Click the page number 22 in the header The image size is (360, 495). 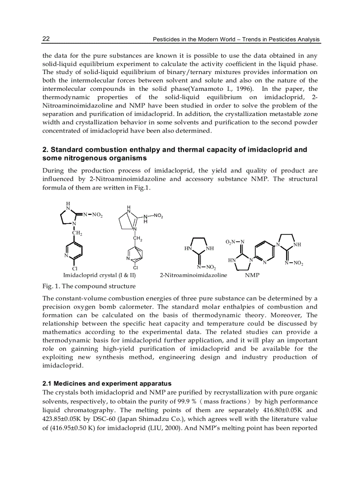coord(46,39)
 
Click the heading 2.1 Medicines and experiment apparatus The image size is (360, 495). coord(107,383)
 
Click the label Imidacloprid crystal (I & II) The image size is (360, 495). coord(99,275)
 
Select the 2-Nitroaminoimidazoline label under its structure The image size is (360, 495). coord(193,275)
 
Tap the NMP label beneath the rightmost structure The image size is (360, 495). coord(252,275)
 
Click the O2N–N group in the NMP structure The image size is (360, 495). coord(235,242)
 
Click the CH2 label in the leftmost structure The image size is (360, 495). coord(77,233)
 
